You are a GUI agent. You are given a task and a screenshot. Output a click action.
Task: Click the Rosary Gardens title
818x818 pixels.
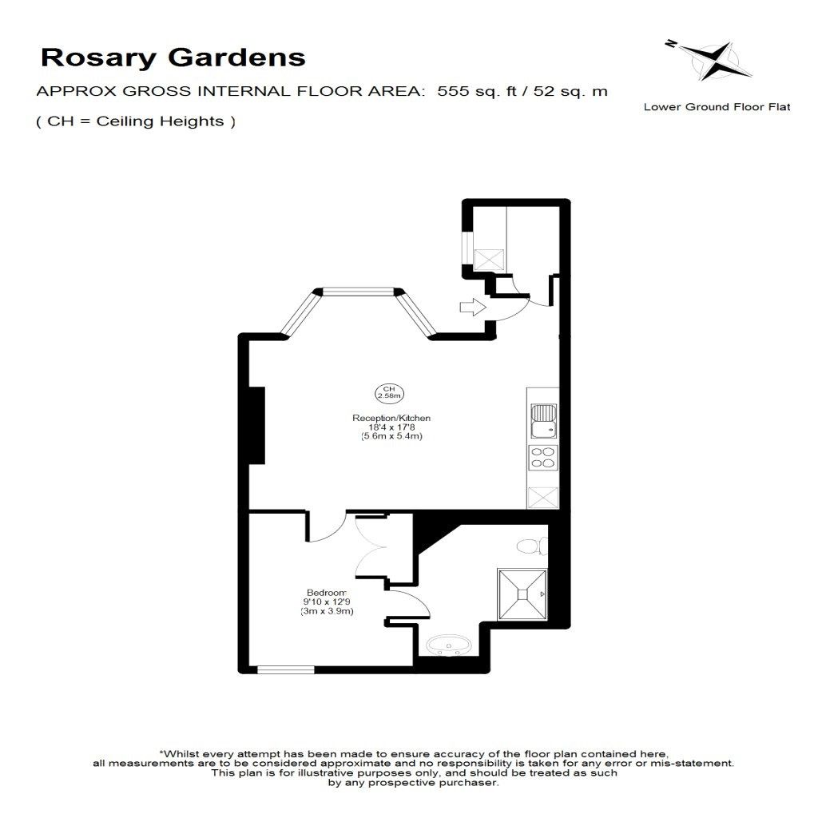coord(173,58)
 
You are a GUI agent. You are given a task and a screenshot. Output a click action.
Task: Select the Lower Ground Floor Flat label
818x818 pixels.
coord(717,107)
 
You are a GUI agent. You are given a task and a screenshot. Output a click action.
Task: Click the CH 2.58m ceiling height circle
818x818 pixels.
coord(389,393)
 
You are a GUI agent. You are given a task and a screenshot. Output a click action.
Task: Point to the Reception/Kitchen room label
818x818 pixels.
coord(391,418)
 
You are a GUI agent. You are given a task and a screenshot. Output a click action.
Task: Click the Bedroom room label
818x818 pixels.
coord(327,593)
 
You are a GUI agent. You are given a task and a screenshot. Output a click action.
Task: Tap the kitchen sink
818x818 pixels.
coord(543,421)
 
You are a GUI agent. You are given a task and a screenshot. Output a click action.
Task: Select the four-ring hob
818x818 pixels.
coord(543,458)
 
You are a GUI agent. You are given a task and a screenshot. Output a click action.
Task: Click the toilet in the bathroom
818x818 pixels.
coord(533,546)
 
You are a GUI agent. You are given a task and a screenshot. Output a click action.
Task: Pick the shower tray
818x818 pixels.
coord(522,594)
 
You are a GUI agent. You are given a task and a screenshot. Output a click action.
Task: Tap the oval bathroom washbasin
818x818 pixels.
coord(449,645)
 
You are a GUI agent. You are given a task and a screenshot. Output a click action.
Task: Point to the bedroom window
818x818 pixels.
coord(286,670)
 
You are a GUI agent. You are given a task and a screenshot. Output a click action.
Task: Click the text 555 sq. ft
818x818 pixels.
coord(477,91)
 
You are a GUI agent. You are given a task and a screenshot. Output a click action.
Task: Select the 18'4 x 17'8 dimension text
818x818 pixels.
coord(391,427)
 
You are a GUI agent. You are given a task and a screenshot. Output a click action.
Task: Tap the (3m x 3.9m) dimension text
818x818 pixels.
coord(327,611)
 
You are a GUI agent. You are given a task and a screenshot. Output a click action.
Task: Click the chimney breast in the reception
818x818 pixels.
coord(256,425)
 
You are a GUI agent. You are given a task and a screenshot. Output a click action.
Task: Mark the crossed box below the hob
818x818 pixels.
coord(543,497)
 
